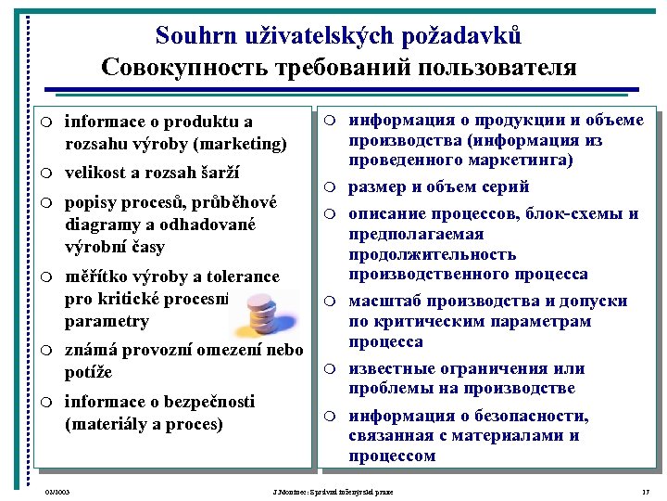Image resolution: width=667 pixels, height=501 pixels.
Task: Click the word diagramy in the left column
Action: click(103, 225)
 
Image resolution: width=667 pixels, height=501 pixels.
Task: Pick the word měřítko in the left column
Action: click(96, 276)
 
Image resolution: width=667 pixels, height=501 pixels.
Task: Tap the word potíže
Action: click(89, 372)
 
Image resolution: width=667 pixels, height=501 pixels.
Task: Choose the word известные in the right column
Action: click(393, 369)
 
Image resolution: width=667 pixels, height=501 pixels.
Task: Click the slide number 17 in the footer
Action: click(645, 490)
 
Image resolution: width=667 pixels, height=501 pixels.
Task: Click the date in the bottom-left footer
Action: click(57, 490)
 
